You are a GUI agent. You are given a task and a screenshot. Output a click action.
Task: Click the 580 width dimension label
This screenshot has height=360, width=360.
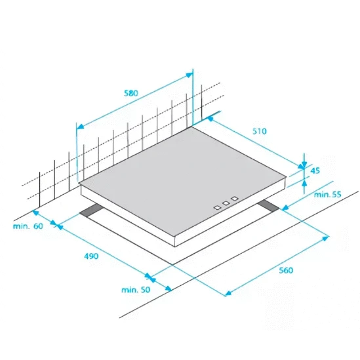(x=131, y=93)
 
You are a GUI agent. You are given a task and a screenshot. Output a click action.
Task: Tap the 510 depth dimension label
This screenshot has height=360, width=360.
(x=260, y=131)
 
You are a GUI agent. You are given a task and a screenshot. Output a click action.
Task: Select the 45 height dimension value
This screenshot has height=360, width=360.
(x=315, y=170)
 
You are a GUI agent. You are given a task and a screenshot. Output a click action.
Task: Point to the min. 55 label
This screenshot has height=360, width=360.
(x=327, y=195)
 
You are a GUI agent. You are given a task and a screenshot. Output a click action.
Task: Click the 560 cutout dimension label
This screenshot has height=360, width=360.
(x=286, y=270)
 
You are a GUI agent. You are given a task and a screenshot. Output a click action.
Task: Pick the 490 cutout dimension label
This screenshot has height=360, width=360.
(x=91, y=256)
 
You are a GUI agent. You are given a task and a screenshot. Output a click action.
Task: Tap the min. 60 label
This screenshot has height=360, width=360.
(x=28, y=226)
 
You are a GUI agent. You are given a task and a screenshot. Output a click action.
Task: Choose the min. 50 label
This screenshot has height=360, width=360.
(x=136, y=290)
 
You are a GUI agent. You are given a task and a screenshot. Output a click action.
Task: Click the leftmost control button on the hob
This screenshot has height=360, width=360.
(x=217, y=208)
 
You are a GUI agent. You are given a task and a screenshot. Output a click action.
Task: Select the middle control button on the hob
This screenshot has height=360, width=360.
(x=226, y=203)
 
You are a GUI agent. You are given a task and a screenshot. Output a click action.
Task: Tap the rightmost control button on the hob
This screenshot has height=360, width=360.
(x=235, y=199)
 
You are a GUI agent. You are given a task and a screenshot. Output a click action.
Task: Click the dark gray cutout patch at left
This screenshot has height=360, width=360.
(x=91, y=210)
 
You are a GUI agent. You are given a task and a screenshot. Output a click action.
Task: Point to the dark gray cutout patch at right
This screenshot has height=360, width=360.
(x=269, y=206)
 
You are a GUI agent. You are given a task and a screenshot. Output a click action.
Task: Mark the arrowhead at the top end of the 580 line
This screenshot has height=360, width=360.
(x=190, y=75)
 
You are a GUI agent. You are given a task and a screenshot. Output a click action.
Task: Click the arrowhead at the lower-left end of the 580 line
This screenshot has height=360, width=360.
(x=80, y=126)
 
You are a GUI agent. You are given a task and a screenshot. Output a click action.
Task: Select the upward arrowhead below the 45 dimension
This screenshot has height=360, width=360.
(x=304, y=183)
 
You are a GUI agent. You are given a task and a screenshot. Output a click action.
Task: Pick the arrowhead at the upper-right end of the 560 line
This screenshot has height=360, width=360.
(x=325, y=238)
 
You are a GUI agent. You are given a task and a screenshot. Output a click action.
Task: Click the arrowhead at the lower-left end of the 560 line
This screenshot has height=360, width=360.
(x=228, y=293)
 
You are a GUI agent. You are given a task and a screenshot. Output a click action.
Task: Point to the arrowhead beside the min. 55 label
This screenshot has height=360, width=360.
(x=285, y=208)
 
